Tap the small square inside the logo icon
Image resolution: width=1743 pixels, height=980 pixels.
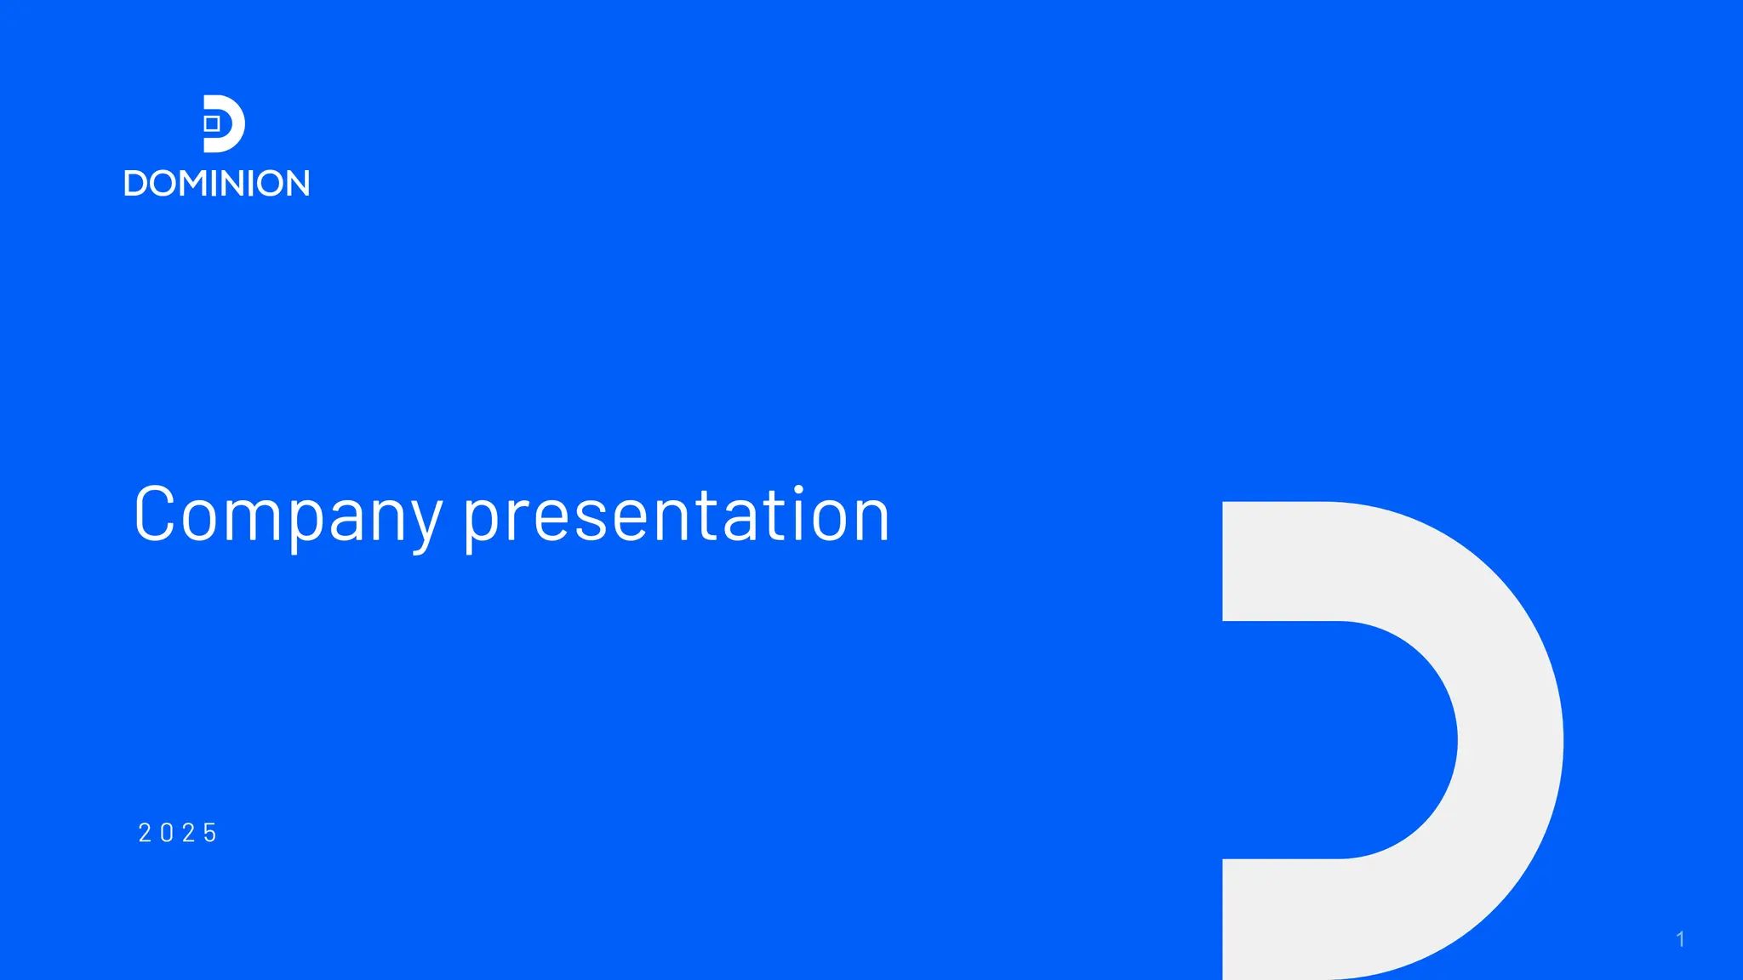pyautogui.click(x=212, y=124)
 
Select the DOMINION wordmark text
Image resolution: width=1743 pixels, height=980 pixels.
pyautogui.click(x=217, y=184)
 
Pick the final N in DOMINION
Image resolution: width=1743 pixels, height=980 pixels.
pyautogui.click(x=296, y=184)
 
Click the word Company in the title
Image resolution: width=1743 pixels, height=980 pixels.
pyautogui.click(x=288, y=516)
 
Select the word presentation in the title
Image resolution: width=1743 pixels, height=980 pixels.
pyautogui.click(x=677, y=516)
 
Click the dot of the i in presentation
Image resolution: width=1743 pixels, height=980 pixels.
pyautogui.click(x=798, y=490)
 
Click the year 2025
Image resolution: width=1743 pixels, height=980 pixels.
pyautogui.click(x=178, y=833)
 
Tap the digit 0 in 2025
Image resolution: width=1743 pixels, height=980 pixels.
pyautogui.click(x=167, y=833)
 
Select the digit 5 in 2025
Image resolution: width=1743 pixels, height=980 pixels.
pyautogui.click(x=210, y=833)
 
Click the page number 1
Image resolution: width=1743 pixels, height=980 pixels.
pyautogui.click(x=1680, y=939)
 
